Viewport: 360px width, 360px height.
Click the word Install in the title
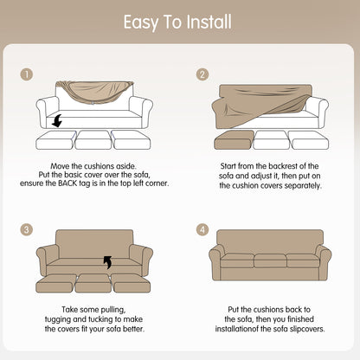[209, 22]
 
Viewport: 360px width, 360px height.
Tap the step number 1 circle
[27, 74]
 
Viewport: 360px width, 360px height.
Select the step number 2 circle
[202, 74]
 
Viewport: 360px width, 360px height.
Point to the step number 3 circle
[27, 229]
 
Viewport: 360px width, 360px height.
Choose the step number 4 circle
[202, 229]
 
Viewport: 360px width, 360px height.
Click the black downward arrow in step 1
[57, 120]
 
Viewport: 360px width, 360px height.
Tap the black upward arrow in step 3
[107, 262]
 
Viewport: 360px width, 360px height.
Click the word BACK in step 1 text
[67, 183]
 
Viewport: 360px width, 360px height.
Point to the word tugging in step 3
[58, 319]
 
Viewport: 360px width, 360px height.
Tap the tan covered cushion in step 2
[234, 140]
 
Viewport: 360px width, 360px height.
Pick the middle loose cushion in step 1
[93, 140]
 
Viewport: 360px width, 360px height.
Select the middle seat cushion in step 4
[270, 260]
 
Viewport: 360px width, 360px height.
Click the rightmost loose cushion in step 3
[132, 283]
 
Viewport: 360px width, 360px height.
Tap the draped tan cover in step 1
[94, 91]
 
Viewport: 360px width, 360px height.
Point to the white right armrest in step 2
[317, 111]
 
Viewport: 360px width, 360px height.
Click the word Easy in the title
[141, 22]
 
